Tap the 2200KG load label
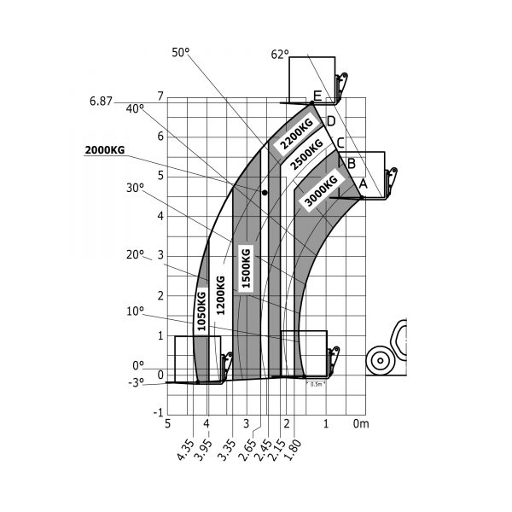[291, 132]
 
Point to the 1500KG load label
[246, 268]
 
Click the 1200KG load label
[220, 296]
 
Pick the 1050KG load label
[202, 311]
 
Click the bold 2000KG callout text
[104, 151]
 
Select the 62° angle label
[280, 54]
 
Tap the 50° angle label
[180, 52]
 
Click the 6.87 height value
[101, 102]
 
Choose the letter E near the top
[317, 96]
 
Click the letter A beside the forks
[362, 183]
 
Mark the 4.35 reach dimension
[185, 449]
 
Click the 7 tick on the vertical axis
[160, 96]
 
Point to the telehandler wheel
[377, 361]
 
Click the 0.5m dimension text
[316, 384]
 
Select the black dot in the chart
[265, 193]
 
